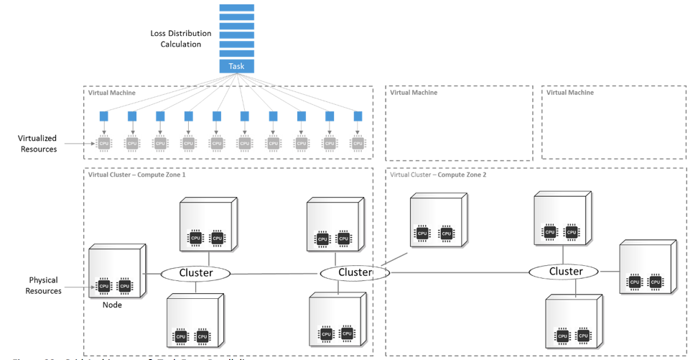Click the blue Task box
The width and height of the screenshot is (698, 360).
236,66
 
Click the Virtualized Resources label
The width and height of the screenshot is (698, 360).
38,144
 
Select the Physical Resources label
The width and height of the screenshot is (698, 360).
43,285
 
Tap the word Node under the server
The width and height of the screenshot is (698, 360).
111,305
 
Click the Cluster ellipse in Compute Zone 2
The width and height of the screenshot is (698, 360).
566,271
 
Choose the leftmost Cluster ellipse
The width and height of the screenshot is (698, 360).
196,273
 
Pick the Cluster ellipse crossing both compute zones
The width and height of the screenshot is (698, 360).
355,272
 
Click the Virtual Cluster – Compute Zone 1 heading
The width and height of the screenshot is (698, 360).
136,175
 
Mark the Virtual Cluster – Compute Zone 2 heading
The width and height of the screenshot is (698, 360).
438,175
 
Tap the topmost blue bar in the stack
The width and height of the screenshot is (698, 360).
236,8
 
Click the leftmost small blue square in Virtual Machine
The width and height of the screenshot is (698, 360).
104,116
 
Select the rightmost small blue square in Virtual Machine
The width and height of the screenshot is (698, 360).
358,116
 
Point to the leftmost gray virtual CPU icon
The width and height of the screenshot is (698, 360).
104,142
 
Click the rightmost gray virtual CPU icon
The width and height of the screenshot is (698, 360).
358,142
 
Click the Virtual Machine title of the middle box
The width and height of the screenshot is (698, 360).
414,93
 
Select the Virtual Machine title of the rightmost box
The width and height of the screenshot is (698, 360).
570,93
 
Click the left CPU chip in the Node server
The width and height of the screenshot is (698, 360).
104,286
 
